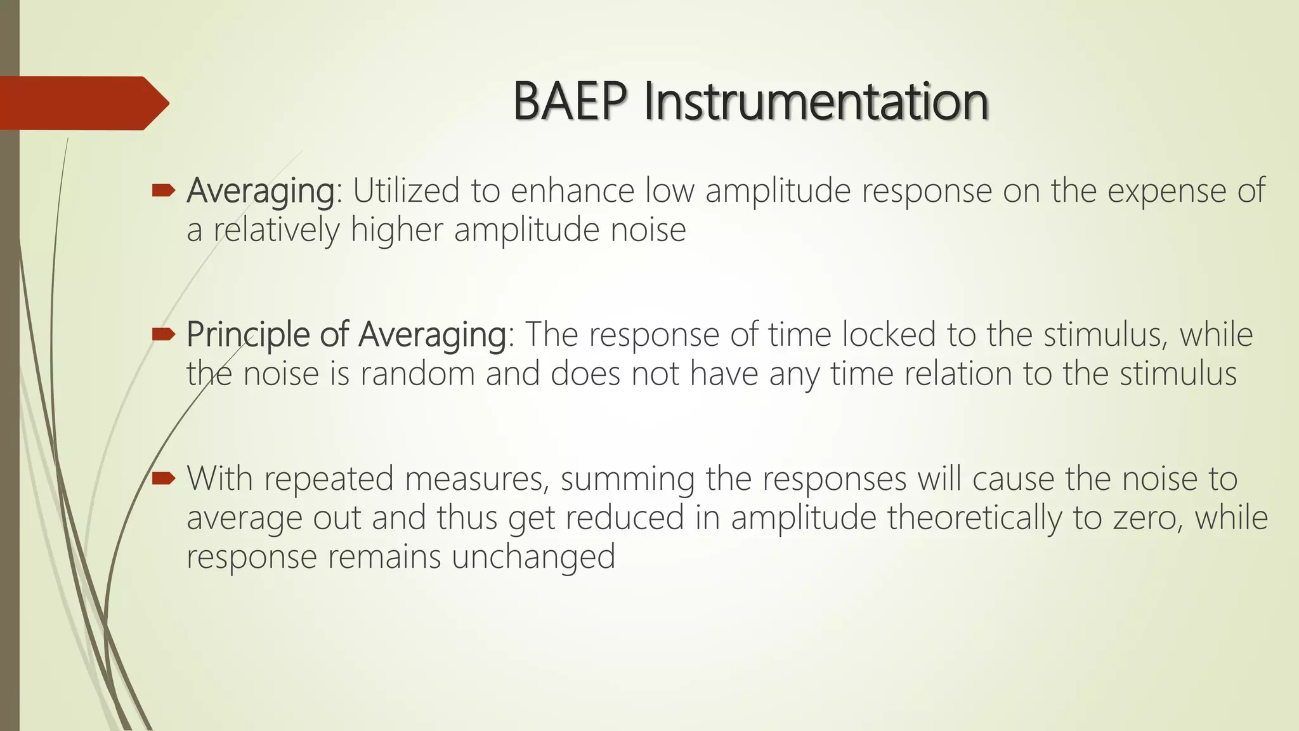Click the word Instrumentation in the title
coord(816,102)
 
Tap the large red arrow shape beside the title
coord(82,103)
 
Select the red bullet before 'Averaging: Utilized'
coord(163,189)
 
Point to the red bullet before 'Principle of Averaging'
coord(163,334)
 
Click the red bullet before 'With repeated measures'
coord(163,478)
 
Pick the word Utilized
coord(405,190)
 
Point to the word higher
coord(396,230)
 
